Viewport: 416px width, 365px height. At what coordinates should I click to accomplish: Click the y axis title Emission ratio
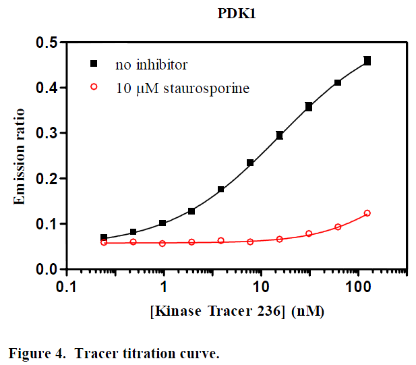point(20,155)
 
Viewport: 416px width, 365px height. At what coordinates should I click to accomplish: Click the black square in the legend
point(94,63)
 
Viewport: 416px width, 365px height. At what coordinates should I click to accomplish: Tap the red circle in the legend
point(94,87)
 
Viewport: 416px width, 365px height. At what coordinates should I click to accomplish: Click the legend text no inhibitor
point(151,65)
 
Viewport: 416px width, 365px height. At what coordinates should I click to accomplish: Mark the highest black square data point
point(367,61)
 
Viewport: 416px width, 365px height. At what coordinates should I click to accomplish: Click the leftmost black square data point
point(104,237)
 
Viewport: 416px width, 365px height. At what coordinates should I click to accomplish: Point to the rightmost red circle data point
point(367,213)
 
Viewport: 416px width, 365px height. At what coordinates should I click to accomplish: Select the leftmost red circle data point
point(104,242)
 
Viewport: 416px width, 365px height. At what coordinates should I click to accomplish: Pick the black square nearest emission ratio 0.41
point(338,83)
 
